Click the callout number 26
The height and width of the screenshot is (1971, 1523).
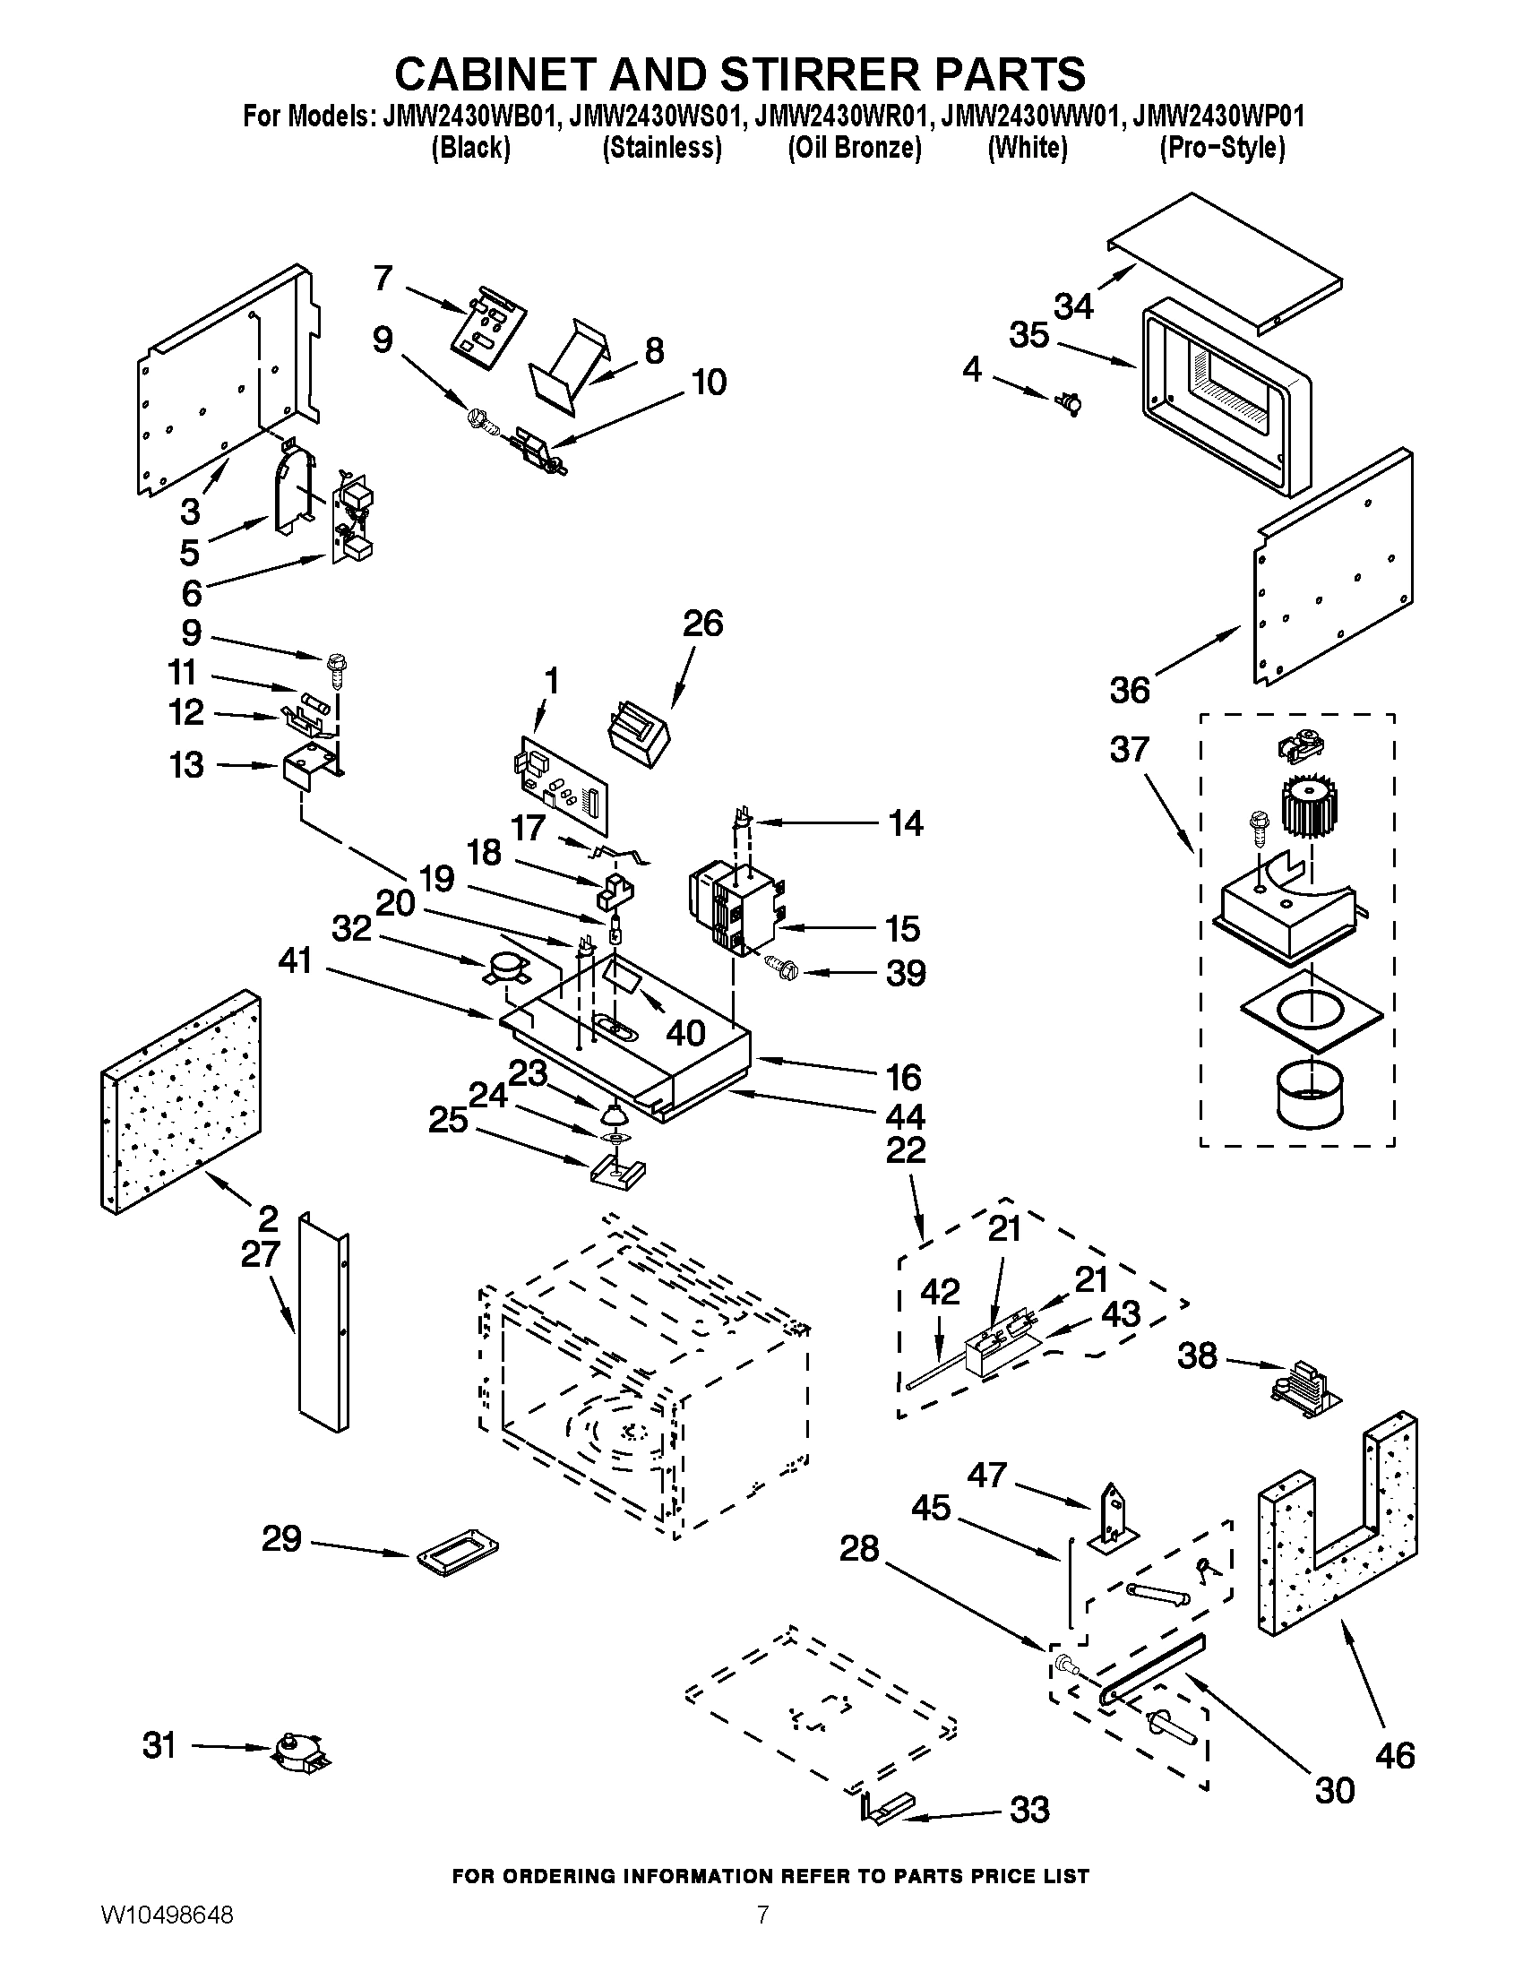click(703, 624)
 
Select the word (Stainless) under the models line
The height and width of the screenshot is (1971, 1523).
click(661, 148)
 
